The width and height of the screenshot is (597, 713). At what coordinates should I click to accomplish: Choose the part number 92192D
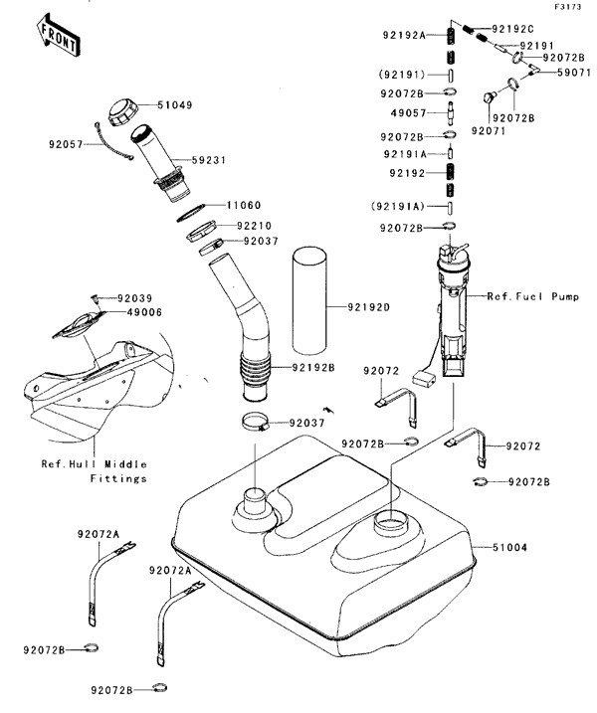370,306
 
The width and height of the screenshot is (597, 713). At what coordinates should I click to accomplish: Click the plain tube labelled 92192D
308,303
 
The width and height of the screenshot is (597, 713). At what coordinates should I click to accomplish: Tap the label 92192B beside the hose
314,367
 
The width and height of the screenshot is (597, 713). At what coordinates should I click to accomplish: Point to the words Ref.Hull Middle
94,462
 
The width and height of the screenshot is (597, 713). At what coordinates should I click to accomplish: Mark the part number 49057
409,114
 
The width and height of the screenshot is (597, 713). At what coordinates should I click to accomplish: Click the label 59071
574,73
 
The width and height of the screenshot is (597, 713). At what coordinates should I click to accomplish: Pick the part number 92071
490,130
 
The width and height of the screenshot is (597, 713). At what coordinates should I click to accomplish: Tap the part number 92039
135,297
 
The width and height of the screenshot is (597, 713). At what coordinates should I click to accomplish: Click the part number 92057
68,144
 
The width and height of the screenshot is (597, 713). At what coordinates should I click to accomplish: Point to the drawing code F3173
568,7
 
